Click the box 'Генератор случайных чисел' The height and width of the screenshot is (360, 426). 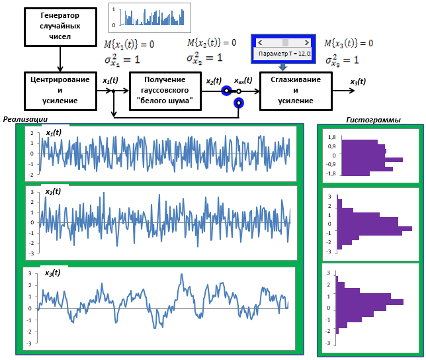[60, 27]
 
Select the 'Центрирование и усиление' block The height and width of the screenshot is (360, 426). [60, 91]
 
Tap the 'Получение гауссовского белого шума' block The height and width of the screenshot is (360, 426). [165, 91]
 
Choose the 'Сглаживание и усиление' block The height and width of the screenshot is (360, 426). [296, 91]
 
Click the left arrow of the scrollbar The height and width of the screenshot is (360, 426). [260, 42]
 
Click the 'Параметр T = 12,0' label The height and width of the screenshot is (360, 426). [284, 54]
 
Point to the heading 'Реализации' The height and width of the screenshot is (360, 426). [25, 119]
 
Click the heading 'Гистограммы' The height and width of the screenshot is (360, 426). [374, 120]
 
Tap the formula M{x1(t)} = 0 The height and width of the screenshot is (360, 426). [129, 44]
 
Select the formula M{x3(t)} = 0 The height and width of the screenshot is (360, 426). [349, 43]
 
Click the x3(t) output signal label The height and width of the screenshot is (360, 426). [358, 81]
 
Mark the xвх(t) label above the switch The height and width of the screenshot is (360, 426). [243, 81]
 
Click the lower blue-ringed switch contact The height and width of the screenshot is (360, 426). [239, 103]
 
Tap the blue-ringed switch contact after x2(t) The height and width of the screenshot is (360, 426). [226, 91]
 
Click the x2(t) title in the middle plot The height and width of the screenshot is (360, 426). [53, 191]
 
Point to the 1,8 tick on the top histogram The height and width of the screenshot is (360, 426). [332, 137]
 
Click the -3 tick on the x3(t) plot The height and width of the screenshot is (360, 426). [29, 343]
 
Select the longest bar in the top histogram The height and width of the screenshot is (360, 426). [372, 159]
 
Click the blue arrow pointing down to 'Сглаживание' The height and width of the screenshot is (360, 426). [283, 67]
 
